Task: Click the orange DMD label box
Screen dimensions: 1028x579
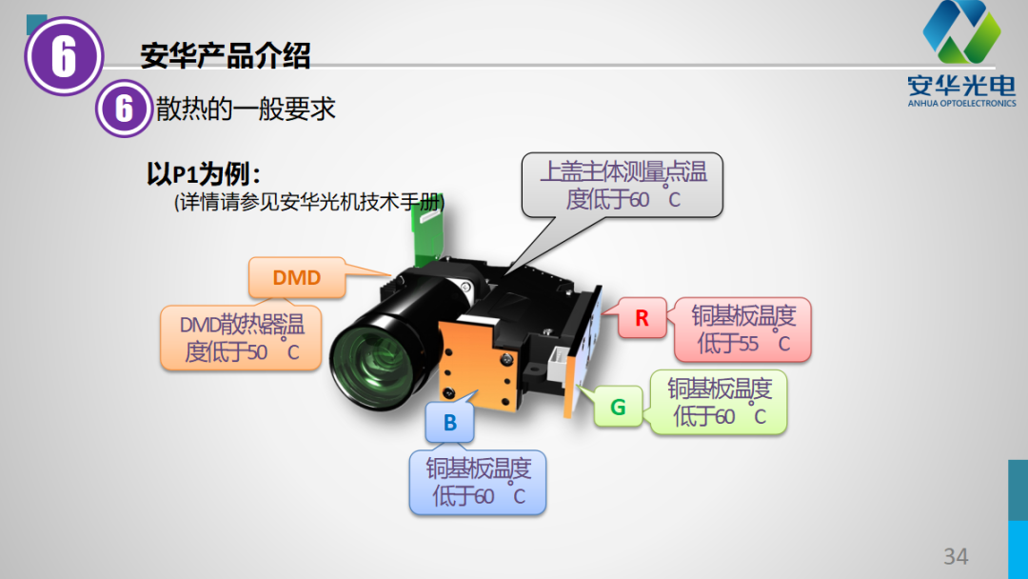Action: [297, 277]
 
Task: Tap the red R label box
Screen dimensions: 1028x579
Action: [642, 318]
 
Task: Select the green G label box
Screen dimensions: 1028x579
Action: [619, 408]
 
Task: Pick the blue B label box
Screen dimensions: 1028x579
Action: [449, 422]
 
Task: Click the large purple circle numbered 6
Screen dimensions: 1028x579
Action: [64, 56]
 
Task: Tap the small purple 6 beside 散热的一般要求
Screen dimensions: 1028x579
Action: [124, 109]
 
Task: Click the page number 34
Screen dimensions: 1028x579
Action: [956, 556]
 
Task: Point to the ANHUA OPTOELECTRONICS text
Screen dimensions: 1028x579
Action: [961, 103]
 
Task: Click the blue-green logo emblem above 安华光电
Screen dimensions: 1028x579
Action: [961, 31]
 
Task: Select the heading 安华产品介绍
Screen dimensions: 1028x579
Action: [225, 56]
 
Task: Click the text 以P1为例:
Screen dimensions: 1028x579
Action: [204, 174]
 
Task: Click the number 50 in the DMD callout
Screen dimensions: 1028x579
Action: [257, 352]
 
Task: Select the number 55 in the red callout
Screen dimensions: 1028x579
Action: [747, 343]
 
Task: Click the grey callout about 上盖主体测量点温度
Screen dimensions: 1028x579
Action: [623, 185]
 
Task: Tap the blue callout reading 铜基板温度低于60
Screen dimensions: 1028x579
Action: [477, 482]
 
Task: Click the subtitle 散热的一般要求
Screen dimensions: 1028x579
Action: [246, 109]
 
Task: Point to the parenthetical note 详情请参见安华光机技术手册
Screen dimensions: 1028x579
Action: [309, 202]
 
